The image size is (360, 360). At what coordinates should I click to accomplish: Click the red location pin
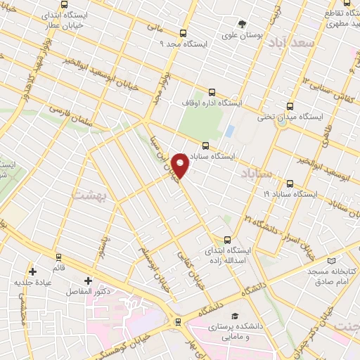(x=181, y=166)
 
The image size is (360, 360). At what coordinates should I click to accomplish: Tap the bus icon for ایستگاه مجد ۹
(x=184, y=33)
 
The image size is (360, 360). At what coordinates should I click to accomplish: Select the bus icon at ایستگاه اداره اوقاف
(x=212, y=92)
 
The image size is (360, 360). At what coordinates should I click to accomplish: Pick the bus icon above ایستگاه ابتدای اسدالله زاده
(x=226, y=239)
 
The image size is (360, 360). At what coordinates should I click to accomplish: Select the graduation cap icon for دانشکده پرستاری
(x=236, y=316)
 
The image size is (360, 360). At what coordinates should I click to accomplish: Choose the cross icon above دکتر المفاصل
(x=87, y=280)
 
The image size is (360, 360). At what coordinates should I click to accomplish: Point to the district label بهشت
(x=87, y=194)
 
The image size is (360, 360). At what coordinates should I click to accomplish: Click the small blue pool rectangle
(x=230, y=131)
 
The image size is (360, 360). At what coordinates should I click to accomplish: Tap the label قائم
(x=59, y=268)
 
